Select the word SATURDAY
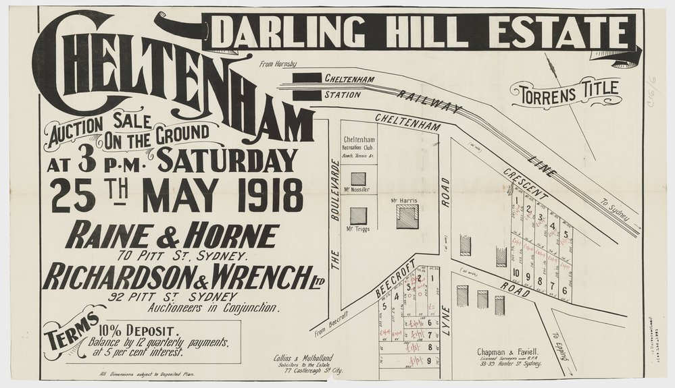[x=228, y=160]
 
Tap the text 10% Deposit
[x=138, y=331]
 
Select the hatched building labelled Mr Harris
[x=407, y=217]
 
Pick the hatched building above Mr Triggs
[x=359, y=216]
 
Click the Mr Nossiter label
[x=359, y=190]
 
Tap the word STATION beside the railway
[x=342, y=95]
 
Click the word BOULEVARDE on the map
[x=333, y=192]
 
